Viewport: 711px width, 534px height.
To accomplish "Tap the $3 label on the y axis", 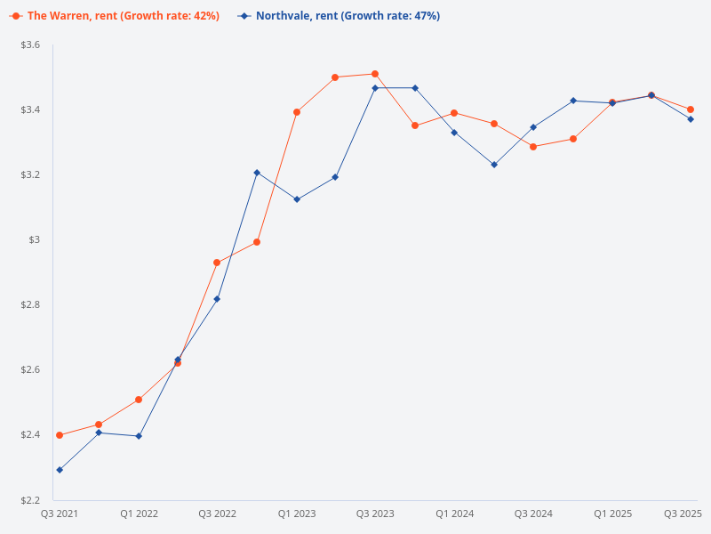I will point(36,239).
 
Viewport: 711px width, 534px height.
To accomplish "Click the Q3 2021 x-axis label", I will point(60,514).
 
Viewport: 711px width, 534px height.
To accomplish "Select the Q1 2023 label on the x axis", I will point(297,514).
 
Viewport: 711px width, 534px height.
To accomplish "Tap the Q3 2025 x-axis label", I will point(683,514).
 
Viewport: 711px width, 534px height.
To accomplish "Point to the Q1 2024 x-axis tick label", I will point(454,514).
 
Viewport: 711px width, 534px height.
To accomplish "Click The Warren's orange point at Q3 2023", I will point(375,74).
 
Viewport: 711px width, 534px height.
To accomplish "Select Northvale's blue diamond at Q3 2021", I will point(60,470).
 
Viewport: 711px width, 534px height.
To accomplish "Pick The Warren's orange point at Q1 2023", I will point(297,112).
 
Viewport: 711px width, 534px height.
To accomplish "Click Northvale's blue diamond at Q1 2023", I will point(297,199).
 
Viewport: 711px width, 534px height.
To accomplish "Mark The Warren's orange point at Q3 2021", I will point(60,435).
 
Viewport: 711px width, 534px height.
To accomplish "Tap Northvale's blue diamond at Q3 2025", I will point(691,119).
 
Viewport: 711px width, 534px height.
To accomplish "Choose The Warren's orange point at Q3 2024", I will point(533,147).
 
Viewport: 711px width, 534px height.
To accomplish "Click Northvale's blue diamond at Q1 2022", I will point(139,436).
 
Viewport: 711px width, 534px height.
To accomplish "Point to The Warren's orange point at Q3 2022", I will point(217,263).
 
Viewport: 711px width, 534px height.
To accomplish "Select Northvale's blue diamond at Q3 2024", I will point(533,127).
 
